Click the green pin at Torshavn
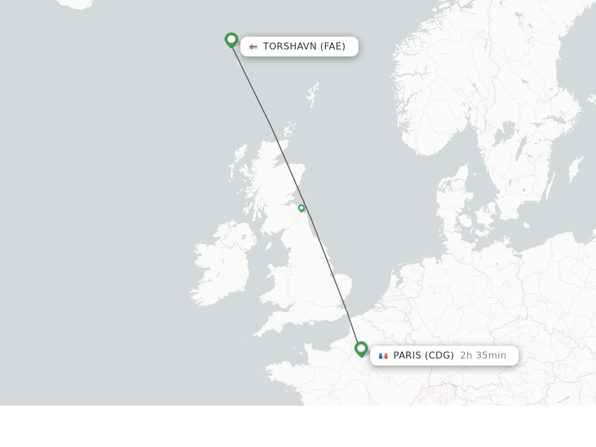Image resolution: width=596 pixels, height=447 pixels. (x=231, y=40)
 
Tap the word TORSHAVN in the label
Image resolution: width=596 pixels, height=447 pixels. (x=289, y=47)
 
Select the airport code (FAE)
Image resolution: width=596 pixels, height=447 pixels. (x=332, y=47)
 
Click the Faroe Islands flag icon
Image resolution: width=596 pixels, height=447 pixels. (x=253, y=47)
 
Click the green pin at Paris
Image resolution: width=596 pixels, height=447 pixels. (x=361, y=348)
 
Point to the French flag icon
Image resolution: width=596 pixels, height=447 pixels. (x=383, y=356)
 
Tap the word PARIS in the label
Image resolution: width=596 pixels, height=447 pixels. (x=407, y=356)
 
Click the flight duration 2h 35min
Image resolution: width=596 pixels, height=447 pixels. (x=483, y=356)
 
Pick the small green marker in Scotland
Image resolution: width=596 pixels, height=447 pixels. (x=301, y=208)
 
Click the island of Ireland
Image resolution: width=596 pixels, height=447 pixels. (x=224, y=265)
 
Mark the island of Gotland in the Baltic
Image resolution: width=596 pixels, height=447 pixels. (x=575, y=169)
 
